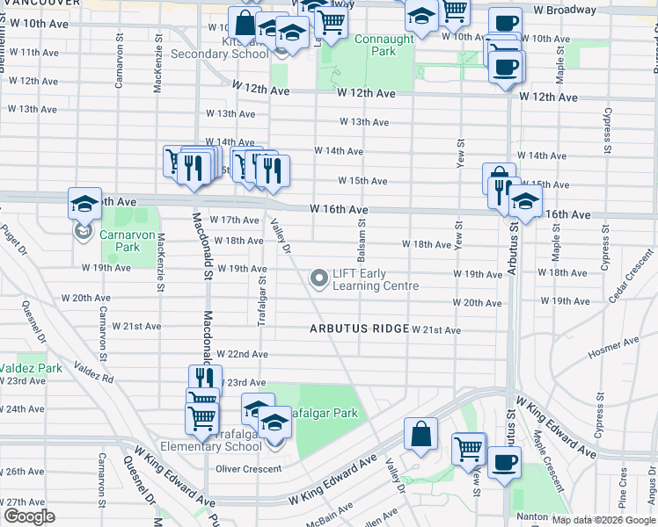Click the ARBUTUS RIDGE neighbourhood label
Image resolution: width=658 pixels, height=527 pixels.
pyautogui.click(x=358, y=328)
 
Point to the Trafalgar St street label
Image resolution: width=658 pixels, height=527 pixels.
pyautogui.click(x=261, y=300)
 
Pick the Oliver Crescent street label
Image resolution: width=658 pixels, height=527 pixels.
pyautogui.click(x=249, y=469)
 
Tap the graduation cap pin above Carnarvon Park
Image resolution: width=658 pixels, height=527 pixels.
pyautogui.click(x=84, y=205)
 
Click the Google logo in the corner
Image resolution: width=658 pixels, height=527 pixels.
pyautogui.click(x=28, y=516)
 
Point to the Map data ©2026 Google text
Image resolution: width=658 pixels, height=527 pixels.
pyautogui.click(x=603, y=520)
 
